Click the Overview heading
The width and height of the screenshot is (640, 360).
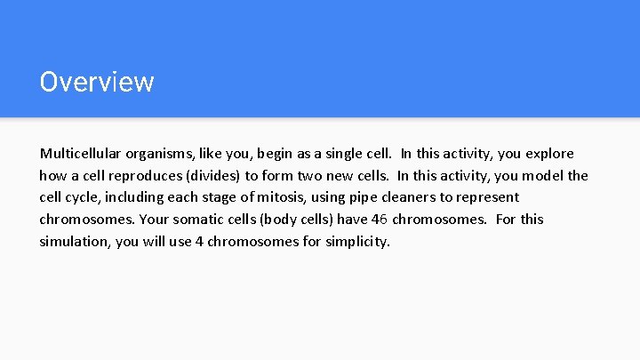coord(97,82)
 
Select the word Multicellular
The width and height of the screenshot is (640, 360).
coord(78,153)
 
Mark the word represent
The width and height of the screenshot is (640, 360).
coord(486,197)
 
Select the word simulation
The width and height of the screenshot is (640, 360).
coord(74,241)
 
